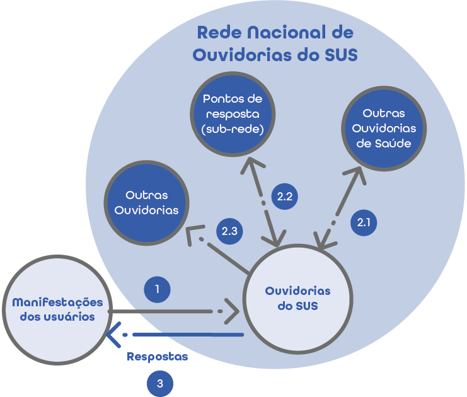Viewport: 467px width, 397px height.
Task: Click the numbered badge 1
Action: (x=157, y=289)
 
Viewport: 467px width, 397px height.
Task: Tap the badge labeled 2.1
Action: (x=365, y=222)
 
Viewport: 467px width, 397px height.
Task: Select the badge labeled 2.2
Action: (x=284, y=196)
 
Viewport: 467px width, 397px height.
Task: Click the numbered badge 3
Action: (x=160, y=383)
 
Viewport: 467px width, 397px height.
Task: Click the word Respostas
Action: (x=158, y=357)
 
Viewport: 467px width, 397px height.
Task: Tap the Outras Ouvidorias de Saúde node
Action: (x=383, y=128)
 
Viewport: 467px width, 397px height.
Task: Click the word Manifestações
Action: (x=57, y=302)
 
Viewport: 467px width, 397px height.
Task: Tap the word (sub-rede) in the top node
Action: (x=233, y=130)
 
